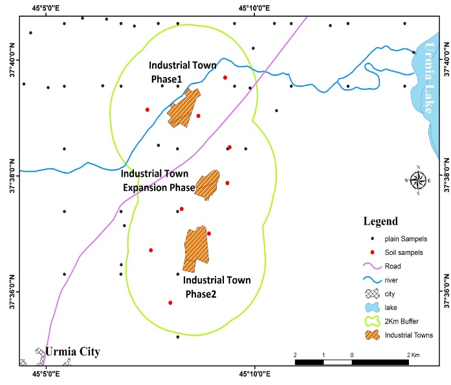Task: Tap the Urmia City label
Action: (72, 353)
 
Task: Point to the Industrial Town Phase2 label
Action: (217, 287)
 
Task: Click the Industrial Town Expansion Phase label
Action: (158, 181)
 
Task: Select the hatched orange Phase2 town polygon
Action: (195, 248)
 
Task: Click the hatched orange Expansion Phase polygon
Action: (208, 186)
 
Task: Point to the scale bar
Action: (352, 362)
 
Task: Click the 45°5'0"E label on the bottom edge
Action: (47, 374)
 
